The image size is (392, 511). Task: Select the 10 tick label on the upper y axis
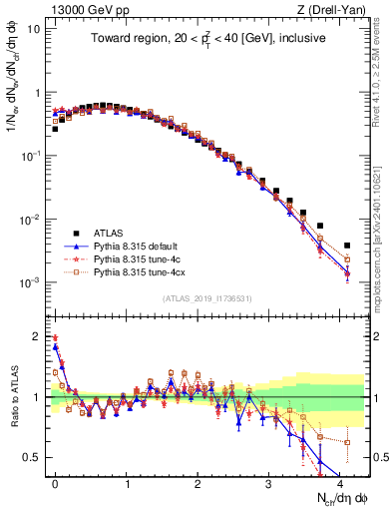point(32,28)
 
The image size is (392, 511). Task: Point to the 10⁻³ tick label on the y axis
point(30,282)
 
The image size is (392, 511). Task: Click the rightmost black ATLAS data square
point(347,245)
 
